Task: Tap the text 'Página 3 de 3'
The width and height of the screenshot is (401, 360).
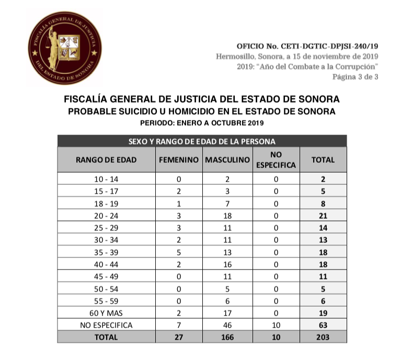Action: coord(355,76)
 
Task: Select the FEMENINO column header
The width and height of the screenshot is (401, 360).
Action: coord(179,160)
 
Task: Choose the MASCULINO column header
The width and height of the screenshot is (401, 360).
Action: coord(227,160)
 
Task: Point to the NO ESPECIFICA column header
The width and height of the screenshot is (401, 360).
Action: coord(276,160)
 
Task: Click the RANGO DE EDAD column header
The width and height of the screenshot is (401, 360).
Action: coord(106,160)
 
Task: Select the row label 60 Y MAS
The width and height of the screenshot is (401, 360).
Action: coord(106,313)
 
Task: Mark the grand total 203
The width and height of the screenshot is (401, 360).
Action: coord(323,337)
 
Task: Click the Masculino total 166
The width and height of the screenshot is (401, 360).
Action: coord(227,337)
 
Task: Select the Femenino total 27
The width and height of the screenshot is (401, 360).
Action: coord(179,337)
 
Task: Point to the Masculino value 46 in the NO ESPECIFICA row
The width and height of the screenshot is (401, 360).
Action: coord(227,325)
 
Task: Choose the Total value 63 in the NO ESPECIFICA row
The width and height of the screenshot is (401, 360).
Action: coord(323,325)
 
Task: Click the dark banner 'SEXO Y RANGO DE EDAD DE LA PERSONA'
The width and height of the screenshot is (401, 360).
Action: coord(202,141)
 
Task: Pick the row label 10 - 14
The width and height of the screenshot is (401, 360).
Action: coord(106,179)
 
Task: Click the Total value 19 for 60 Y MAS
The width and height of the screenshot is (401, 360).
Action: coord(323,313)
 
